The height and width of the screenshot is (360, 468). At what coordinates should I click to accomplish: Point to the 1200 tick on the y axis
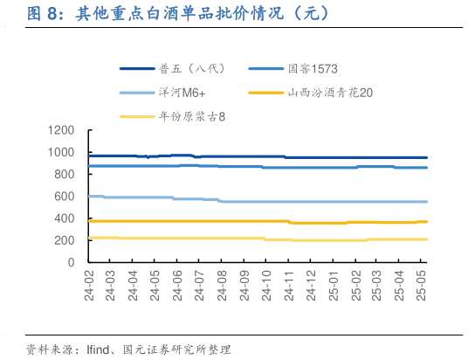(x=62, y=130)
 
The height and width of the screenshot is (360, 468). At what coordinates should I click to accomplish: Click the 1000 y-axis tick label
(x=62, y=152)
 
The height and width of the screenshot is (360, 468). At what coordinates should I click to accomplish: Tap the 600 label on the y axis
(x=65, y=196)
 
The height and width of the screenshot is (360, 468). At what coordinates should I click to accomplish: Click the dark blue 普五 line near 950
(x=262, y=156)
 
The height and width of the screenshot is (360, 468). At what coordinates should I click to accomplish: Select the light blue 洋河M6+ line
(x=262, y=202)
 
